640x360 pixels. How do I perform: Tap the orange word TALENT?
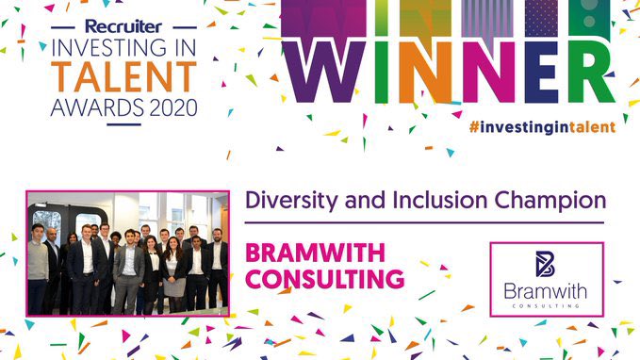point(123,76)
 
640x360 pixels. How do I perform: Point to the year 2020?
point(173,104)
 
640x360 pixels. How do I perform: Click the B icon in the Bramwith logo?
point(546,263)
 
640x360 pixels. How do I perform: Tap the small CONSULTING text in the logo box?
point(546,303)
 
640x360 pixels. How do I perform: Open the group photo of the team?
point(127,253)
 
